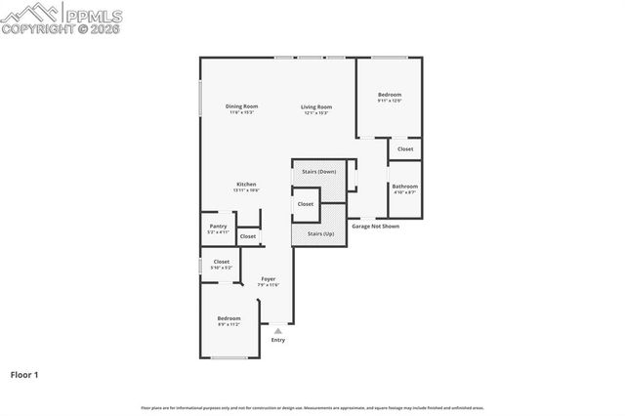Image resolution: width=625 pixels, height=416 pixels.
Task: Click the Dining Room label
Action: click(x=241, y=106)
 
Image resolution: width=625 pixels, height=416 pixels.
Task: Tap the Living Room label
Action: click(x=315, y=106)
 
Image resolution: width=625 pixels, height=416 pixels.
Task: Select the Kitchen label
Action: click(x=246, y=185)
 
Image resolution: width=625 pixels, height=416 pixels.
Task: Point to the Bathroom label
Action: click(x=404, y=186)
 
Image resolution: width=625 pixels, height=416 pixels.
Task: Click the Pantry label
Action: click(x=218, y=227)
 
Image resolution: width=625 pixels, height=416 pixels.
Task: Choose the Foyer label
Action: click(x=268, y=279)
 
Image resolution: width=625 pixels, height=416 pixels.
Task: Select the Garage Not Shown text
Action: click(x=375, y=226)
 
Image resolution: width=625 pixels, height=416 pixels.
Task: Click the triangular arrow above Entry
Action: click(x=278, y=331)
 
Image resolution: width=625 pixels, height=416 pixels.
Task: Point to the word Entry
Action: click(x=278, y=340)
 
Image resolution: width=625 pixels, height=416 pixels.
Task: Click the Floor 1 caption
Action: click(x=23, y=374)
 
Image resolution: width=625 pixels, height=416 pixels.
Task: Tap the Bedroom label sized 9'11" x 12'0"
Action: click(x=390, y=95)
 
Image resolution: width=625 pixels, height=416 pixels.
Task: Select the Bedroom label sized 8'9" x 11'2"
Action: click(x=229, y=318)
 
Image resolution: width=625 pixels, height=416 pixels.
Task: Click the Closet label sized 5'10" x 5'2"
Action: click(x=222, y=262)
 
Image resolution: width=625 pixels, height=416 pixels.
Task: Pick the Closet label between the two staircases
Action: click(x=306, y=204)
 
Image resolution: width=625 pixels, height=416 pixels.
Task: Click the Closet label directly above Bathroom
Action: click(x=404, y=149)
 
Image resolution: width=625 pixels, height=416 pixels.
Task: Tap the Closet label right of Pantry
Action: click(x=248, y=236)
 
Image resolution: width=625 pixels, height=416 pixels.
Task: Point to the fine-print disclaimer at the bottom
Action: click(x=312, y=407)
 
